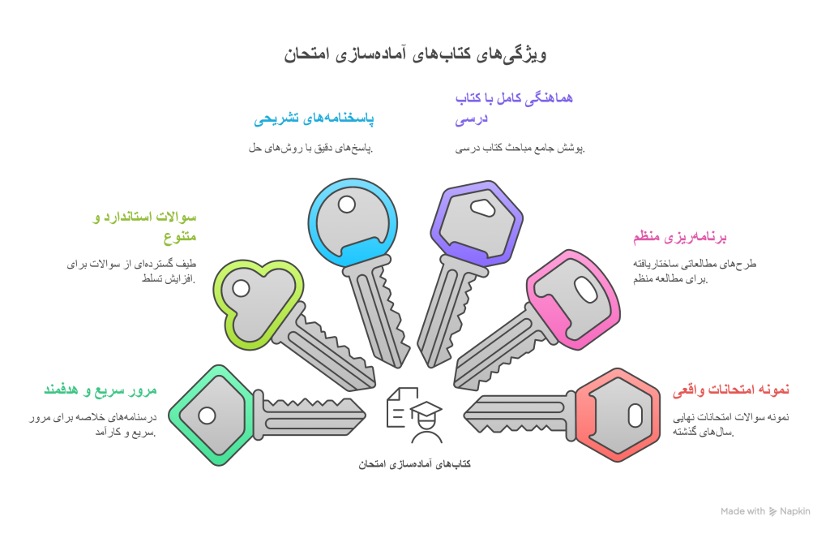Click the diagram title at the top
[x=415, y=55]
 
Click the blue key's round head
[x=353, y=221]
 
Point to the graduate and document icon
[x=414, y=414]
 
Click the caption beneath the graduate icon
[x=414, y=464]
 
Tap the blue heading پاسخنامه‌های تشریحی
[x=314, y=119]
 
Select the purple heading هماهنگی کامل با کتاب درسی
[x=513, y=109]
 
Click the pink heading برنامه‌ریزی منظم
[x=680, y=238]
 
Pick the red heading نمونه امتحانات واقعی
[x=731, y=390]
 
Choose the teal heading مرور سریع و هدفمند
[x=101, y=390]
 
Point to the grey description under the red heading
[x=719, y=424]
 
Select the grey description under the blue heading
[x=310, y=148]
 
